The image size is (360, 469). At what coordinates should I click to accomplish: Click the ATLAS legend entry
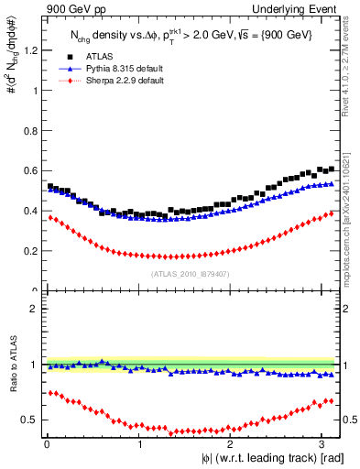coord(100,56)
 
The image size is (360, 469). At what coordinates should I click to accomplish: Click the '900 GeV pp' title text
coord(76,9)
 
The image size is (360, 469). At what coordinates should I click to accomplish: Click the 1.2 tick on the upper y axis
coord(30,50)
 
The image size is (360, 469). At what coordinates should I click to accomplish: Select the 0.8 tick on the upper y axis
coord(30,130)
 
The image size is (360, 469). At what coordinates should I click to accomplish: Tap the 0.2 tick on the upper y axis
coord(30,251)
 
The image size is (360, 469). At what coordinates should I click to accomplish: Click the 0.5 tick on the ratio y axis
coord(30,420)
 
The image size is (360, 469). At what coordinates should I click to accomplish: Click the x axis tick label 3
coord(326,444)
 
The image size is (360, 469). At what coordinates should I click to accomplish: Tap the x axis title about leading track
coord(275,457)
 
